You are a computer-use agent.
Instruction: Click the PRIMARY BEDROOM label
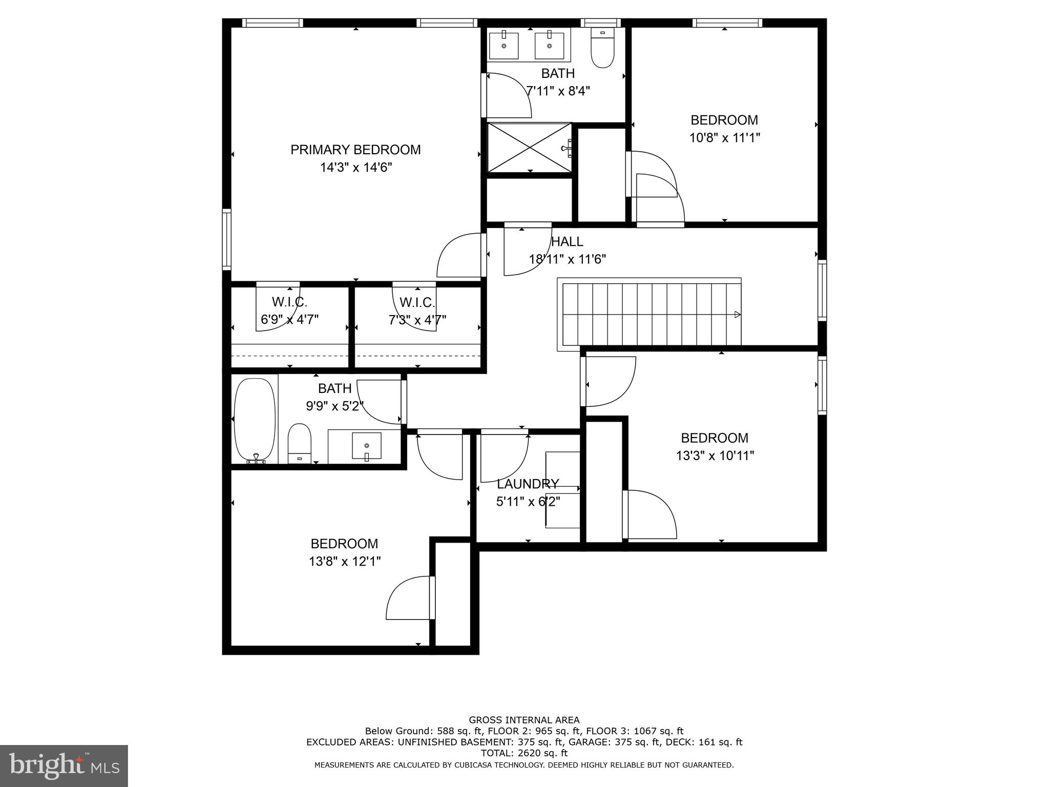pos(355,150)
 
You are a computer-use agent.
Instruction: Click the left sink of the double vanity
pos(504,46)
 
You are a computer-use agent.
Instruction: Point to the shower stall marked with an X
pos(529,148)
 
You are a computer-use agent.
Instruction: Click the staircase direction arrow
pos(737,314)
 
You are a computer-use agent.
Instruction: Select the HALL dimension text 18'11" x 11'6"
pos(567,259)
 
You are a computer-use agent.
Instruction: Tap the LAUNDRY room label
pos(528,484)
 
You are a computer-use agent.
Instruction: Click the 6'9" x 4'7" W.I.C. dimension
pos(289,320)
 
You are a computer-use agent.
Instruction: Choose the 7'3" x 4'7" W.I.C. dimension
pos(417,320)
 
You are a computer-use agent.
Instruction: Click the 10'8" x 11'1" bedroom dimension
pos(724,138)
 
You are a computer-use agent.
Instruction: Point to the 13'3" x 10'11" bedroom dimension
pos(715,455)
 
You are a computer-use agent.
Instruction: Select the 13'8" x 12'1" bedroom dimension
pos(344,562)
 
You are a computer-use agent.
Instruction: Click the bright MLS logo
pos(64,765)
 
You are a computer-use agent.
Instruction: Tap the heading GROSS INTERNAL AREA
pos(524,720)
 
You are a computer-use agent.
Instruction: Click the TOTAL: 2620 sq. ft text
pos(524,753)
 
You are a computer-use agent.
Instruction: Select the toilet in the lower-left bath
pos(300,443)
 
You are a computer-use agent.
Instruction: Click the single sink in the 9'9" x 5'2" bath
pos(367,446)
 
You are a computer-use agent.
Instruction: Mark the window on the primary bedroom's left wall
pos(226,239)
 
